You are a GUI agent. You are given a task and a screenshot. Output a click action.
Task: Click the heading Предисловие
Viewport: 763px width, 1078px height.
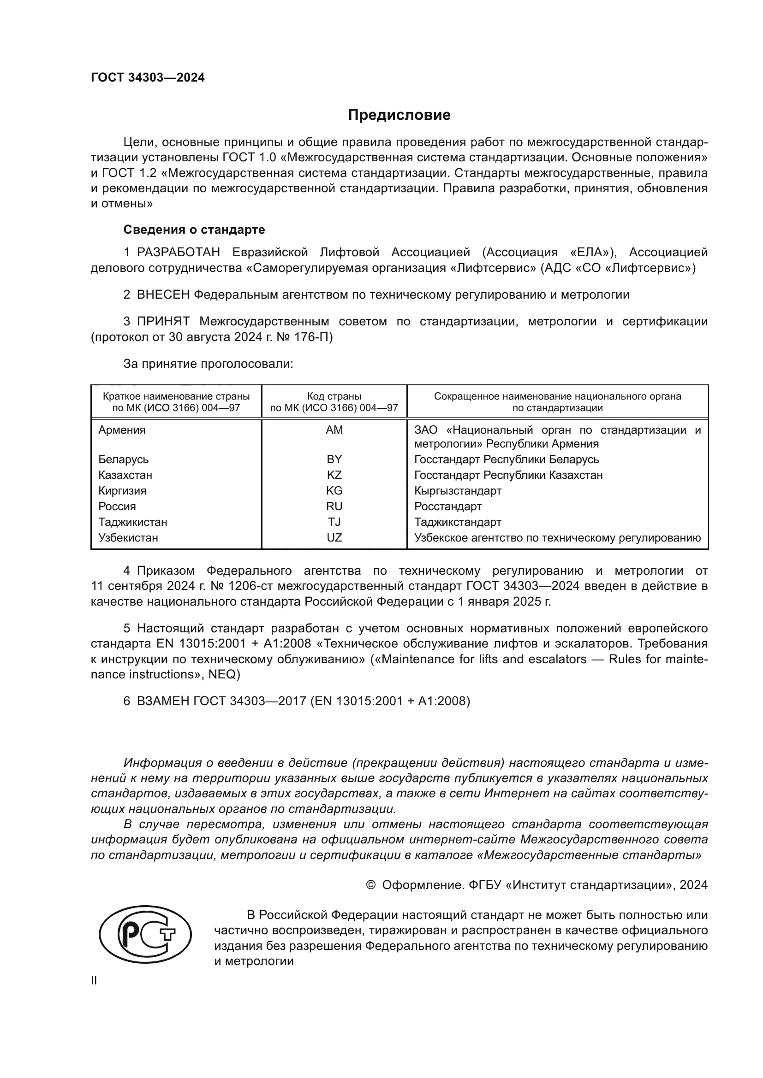(x=399, y=115)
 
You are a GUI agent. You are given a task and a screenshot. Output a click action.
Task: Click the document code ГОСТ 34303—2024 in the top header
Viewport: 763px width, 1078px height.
(x=148, y=78)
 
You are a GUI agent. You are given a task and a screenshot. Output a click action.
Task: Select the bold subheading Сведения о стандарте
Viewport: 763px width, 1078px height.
(x=194, y=230)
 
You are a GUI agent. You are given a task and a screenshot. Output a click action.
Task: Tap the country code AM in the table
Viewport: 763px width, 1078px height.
(x=334, y=430)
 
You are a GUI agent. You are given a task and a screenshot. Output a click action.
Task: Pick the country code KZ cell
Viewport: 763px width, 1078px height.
(x=334, y=475)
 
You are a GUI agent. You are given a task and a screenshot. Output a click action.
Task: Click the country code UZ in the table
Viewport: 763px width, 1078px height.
(x=334, y=537)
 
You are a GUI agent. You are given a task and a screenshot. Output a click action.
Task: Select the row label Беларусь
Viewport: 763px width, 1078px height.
(x=124, y=459)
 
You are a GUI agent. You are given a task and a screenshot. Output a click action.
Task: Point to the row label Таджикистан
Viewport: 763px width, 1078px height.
(x=132, y=522)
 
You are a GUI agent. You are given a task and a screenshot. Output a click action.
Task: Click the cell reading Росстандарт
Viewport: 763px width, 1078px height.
(x=448, y=506)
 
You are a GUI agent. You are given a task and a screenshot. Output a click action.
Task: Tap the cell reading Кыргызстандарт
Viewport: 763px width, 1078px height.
(x=458, y=491)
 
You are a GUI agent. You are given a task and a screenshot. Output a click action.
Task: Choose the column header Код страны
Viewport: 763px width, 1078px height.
(x=334, y=396)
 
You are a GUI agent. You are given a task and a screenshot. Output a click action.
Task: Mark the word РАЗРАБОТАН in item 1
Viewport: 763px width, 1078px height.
(x=179, y=253)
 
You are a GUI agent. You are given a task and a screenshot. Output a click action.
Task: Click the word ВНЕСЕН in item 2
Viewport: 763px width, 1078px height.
(x=163, y=295)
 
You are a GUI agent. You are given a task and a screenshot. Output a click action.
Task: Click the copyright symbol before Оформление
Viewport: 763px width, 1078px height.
(x=371, y=885)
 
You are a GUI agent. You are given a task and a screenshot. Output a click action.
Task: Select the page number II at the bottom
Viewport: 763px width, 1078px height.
(x=94, y=981)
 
